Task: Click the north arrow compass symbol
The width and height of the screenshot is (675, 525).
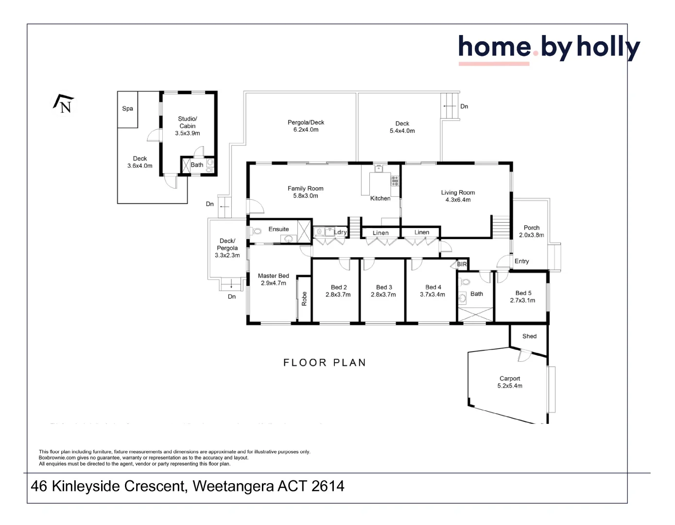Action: tap(64, 104)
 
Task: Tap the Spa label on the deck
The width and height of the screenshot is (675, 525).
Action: tap(128, 109)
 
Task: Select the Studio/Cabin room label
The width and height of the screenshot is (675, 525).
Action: tap(188, 122)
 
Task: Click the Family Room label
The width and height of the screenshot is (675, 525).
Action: tap(305, 189)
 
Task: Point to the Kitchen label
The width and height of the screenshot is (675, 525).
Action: tap(380, 198)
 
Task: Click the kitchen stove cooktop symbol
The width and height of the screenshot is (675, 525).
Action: tap(395, 181)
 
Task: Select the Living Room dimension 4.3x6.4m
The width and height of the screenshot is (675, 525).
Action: tap(458, 200)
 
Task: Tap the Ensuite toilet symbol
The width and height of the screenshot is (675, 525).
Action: tap(257, 231)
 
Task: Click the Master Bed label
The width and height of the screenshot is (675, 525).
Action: tap(273, 276)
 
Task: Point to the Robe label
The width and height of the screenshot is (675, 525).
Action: tap(304, 298)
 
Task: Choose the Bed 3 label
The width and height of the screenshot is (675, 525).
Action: tap(384, 287)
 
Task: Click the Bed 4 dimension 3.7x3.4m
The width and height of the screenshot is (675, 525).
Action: tap(433, 295)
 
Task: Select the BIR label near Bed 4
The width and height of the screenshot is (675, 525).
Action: tap(462, 264)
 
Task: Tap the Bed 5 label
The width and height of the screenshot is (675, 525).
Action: tap(523, 293)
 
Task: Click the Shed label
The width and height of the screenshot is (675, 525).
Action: tap(529, 336)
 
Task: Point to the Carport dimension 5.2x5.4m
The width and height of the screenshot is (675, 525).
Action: tap(510, 386)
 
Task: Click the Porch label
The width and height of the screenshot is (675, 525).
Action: tap(531, 227)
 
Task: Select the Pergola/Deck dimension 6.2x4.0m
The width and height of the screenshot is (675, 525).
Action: tap(306, 130)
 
